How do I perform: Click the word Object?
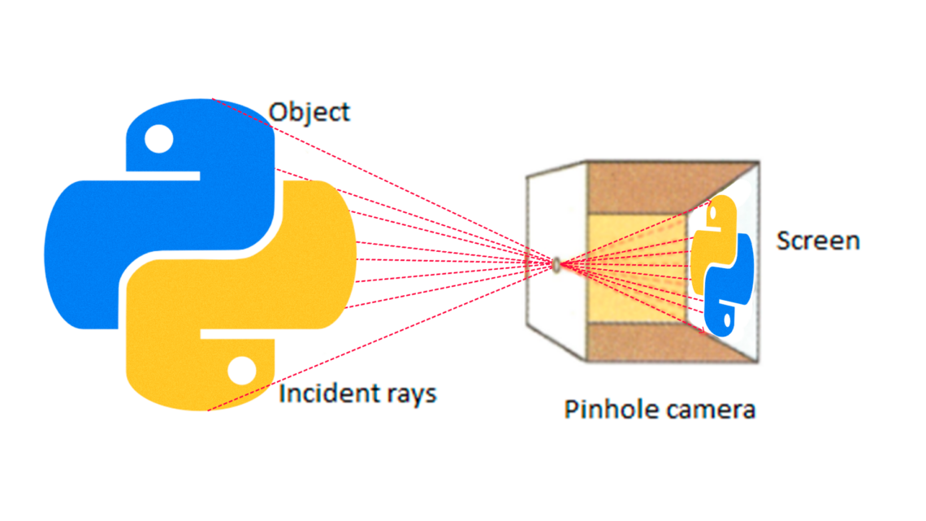point(309,112)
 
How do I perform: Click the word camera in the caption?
point(708,409)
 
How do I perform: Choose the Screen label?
point(817,241)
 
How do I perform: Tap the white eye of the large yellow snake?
point(242,371)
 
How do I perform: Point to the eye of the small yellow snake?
point(713,218)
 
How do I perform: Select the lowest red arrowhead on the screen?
point(703,330)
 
